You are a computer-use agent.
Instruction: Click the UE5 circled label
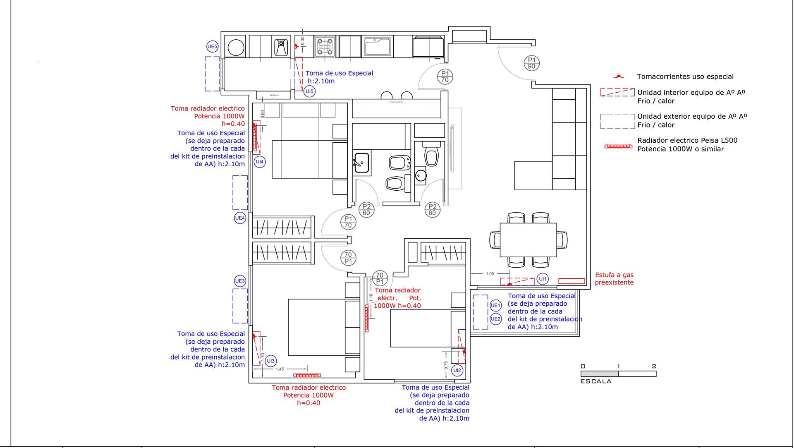click(x=212, y=46)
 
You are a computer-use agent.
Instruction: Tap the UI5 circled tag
click(x=309, y=91)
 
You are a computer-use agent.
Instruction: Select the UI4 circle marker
click(x=260, y=162)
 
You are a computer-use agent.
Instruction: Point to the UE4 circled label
click(x=240, y=218)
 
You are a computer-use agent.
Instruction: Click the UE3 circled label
click(x=240, y=281)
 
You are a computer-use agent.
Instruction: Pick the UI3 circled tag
click(x=270, y=361)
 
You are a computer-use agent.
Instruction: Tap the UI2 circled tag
click(x=457, y=371)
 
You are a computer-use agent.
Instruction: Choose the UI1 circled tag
click(x=543, y=279)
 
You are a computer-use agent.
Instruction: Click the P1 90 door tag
click(x=531, y=63)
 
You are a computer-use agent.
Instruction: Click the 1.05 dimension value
click(x=490, y=274)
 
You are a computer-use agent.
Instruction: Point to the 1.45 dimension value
click(x=280, y=369)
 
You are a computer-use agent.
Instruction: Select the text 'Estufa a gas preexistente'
click(x=614, y=279)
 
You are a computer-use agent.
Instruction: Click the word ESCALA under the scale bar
click(x=596, y=381)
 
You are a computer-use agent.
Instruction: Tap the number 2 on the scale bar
click(x=654, y=367)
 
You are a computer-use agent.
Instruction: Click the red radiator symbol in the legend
click(x=618, y=146)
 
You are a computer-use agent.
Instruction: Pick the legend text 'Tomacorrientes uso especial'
click(x=685, y=77)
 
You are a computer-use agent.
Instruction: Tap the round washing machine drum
click(x=236, y=47)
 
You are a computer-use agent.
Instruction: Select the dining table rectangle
click(x=528, y=240)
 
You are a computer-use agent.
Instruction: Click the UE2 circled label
click(x=495, y=319)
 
